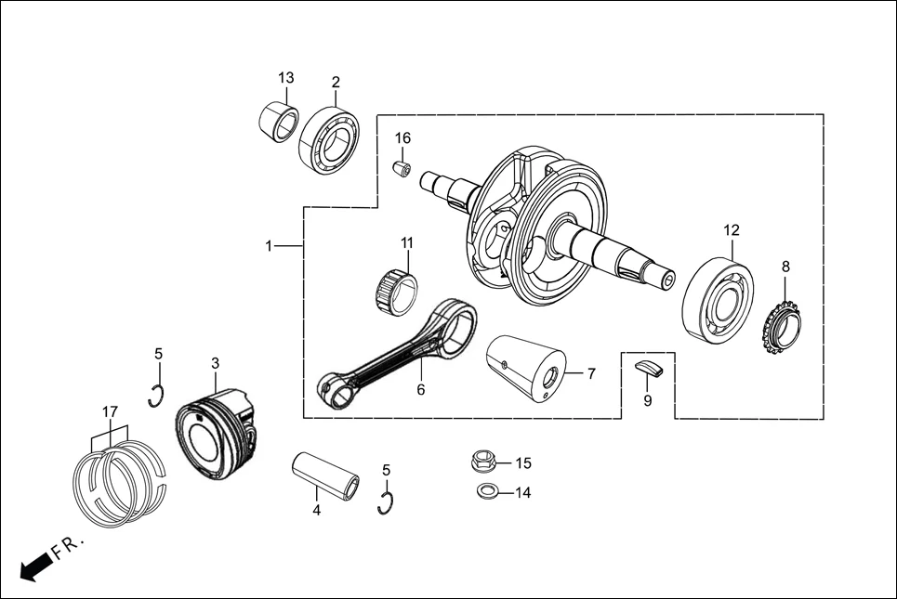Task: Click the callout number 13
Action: coord(285,77)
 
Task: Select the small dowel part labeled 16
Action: coord(402,170)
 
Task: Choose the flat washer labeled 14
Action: coord(484,491)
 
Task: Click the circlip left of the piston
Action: coord(156,396)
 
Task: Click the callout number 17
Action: coord(110,411)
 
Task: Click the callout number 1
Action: coord(269,246)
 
